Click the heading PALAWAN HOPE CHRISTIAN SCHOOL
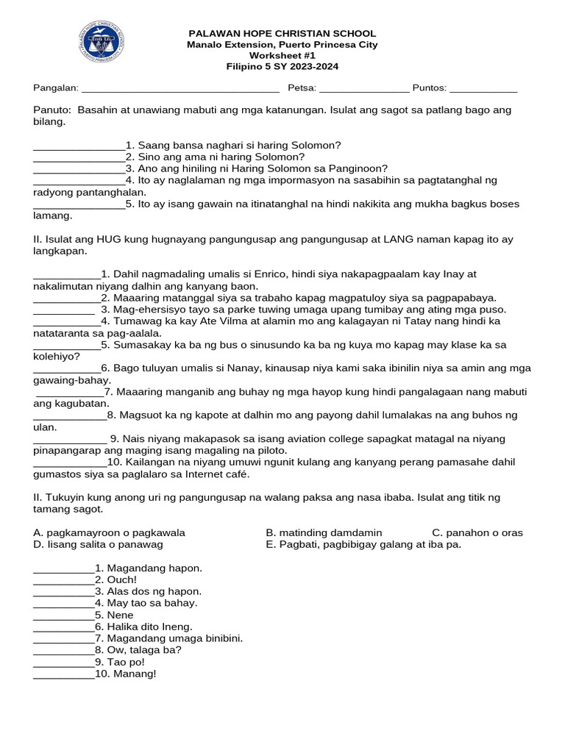(282, 34)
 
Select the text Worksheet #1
(282, 56)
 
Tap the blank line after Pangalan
(180, 88)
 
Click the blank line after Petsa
(363, 88)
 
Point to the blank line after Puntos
(483, 88)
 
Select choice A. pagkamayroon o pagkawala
(110, 532)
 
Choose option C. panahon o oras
(477, 532)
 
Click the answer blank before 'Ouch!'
(63, 579)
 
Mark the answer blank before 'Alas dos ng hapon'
(63, 591)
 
